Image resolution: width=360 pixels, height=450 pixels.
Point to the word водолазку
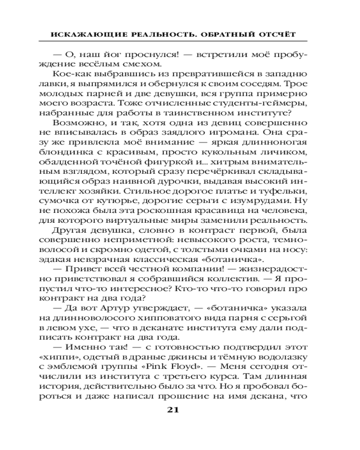click(x=283, y=347)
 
